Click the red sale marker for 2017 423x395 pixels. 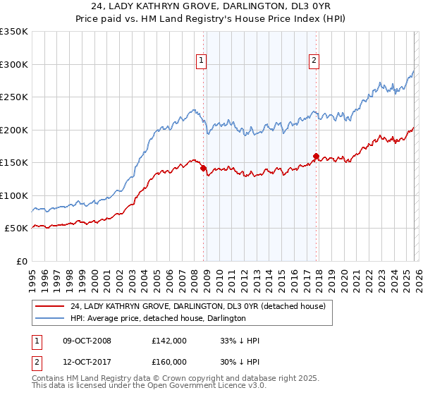pyautogui.click(x=316, y=157)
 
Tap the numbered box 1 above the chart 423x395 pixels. pyautogui.click(x=202, y=61)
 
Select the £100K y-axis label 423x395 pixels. pyautogui.click(x=13, y=195)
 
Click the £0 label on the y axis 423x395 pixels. pyautogui.click(x=20, y=261)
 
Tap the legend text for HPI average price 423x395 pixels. pyautogui.click(x=158, y=318)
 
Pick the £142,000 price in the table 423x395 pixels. pyautogui.click(x=169, y=341)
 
